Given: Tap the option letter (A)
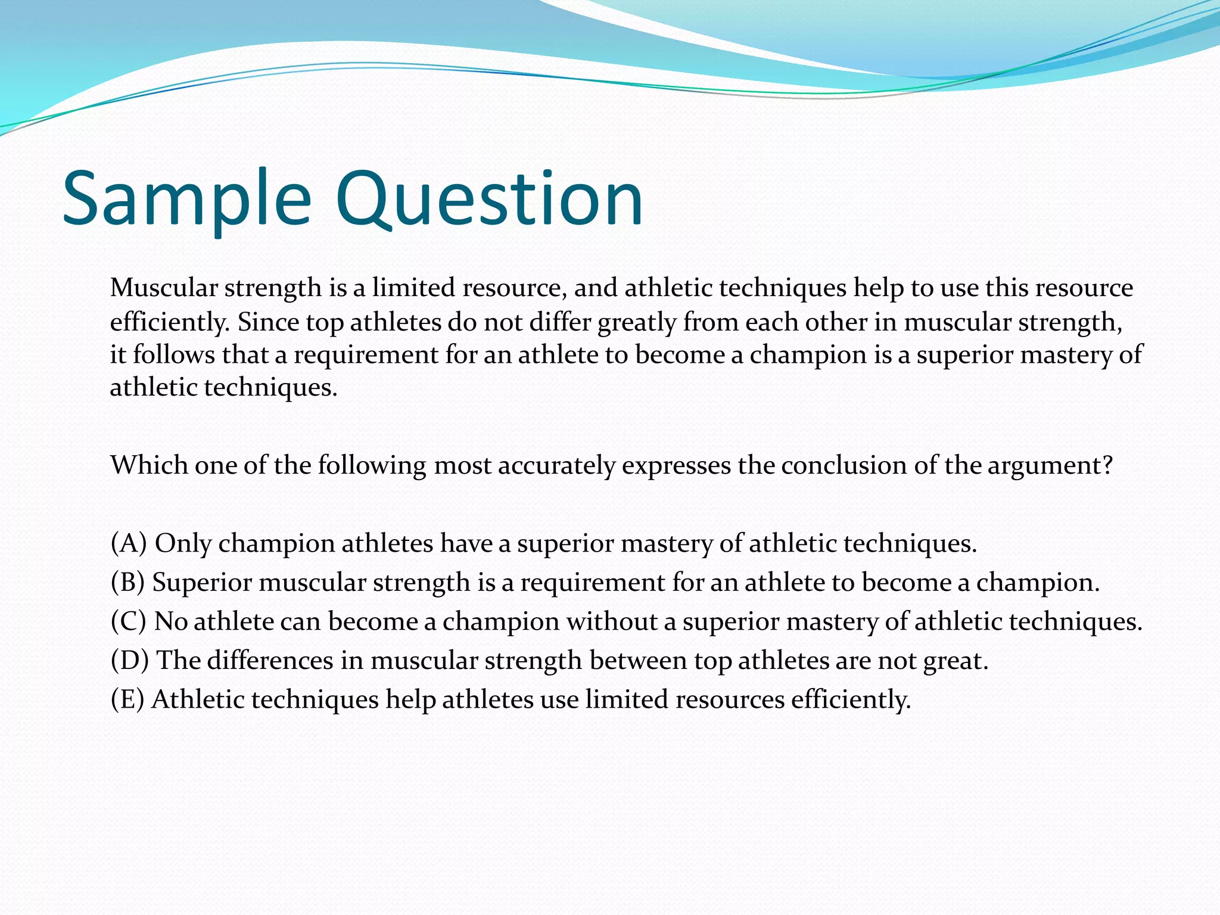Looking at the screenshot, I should [129, 543].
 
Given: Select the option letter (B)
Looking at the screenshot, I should [127, 582].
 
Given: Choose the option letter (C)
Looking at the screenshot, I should [128, 621].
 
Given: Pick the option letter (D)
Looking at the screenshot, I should [129, 661].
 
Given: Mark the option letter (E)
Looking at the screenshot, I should [127, 699].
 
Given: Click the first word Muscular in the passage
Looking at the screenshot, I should [164, 288].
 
